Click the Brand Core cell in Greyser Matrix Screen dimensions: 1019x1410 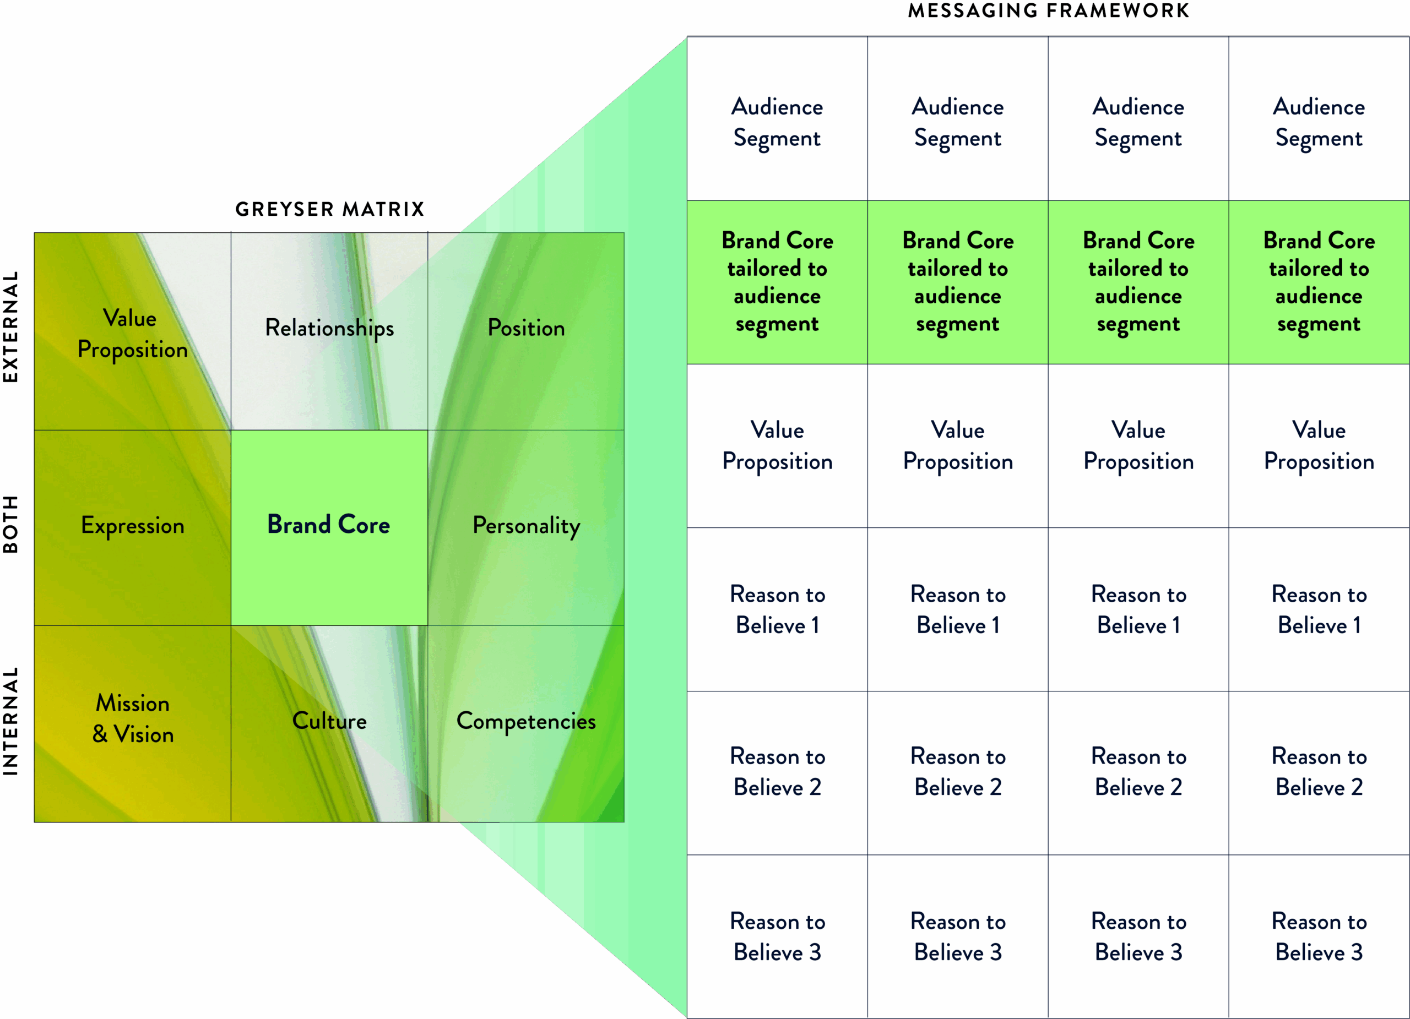coord(329,525)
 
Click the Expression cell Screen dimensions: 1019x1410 coord(132,526)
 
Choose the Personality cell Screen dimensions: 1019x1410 coord(526,526)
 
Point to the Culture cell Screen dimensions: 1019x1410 coord(329,721)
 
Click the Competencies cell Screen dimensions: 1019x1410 coord(526,721)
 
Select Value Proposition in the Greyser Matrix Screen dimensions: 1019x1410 coord(132,334)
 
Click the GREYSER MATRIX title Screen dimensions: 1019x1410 coord(329,209)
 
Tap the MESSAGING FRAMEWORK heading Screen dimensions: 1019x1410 coord(1048,10)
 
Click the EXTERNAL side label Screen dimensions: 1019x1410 coord(10,327)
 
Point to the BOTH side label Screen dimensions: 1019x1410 coord(10,525)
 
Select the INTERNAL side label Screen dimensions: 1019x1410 coord(10,721)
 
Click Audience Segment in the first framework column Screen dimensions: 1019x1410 coord(777,122)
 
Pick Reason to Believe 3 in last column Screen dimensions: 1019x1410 coord(1319,936)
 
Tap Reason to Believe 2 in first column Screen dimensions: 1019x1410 coord(777,772)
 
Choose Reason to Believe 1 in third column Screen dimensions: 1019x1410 coord(1138,609)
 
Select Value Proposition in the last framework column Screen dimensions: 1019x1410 coord(1319,445)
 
